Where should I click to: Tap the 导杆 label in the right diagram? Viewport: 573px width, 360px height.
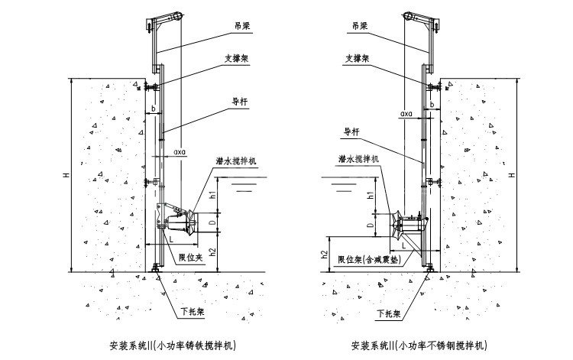point(351,131)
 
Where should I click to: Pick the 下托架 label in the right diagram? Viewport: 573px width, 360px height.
point(387,312)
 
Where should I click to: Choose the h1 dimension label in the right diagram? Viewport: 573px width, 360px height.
point(372,196)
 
